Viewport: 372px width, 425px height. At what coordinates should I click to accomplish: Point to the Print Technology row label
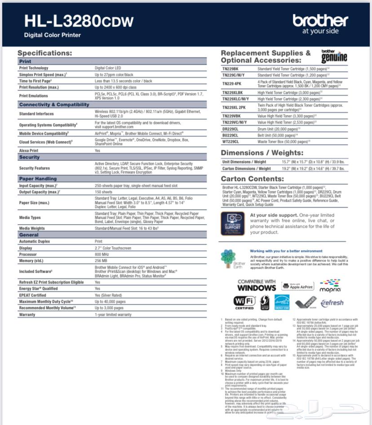[34, 68]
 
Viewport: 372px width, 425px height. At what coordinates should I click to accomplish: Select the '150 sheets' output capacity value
[104, 192]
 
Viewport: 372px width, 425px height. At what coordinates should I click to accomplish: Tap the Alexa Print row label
[29, 151]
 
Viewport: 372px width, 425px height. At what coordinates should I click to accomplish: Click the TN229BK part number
[230, 69]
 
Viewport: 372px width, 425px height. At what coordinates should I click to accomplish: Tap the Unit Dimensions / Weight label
[244, 162]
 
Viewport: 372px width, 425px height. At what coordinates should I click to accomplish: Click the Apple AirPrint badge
[298, 286]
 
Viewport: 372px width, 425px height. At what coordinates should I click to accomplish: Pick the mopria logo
[330, 286]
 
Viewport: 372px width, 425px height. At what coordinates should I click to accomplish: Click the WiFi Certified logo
[244, 302]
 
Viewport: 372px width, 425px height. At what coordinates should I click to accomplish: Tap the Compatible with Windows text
[257, 285]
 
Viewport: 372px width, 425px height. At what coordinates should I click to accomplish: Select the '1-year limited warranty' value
[113, 314]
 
